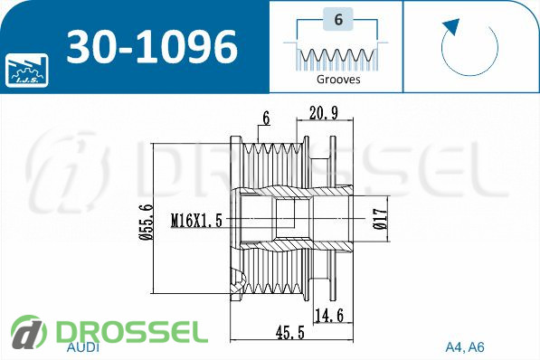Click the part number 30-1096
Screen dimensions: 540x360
pyautogui.click(x=152, y=47)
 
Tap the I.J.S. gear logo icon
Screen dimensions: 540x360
pyautogui.click(x=27, y=70)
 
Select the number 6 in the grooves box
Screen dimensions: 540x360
pyautogui.click(x=338, y=19)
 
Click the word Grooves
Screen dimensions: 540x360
pyautogui.click(x=338, y=80)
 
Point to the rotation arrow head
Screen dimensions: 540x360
pyautogui.click(x=450, y=27)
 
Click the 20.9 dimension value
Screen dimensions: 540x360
pyautogui.click(x=324, y=113)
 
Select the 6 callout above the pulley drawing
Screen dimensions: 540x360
pyautogui.click(x=266, y=118)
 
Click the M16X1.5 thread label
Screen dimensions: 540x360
pyautogui.click(x=196, y=220)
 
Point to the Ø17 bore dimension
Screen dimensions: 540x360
pyautogui.click(x=380, y=220)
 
